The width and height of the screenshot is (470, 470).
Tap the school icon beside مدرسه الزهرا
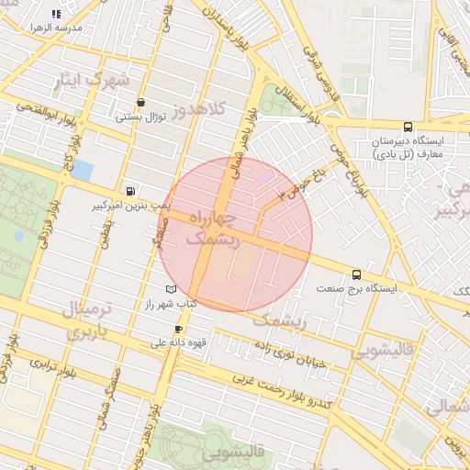[56, 14]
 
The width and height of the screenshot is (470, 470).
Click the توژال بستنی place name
[140, 117]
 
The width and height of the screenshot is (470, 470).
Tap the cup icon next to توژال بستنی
[140, 103]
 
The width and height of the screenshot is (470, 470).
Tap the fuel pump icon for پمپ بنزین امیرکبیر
[132, 191]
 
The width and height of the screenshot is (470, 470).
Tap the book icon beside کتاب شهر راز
[171, 290]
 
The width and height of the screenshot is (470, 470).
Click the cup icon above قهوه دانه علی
[178, 329]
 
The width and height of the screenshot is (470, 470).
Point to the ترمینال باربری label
[87, 319]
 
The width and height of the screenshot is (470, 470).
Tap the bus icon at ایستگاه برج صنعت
[356, 274]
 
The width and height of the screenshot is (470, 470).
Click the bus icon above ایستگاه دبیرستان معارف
[408, 128]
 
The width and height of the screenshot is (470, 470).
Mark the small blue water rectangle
[82, 170]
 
